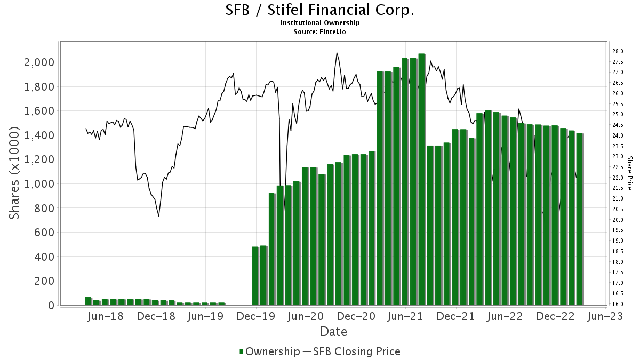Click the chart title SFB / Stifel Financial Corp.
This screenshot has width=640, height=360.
pos(320,10)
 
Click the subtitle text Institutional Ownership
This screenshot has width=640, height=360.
pos(320,23)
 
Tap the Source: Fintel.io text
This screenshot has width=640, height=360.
pos(320,31)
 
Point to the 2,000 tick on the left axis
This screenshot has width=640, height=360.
pos(40,62)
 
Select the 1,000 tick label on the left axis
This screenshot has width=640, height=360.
pos(40,184)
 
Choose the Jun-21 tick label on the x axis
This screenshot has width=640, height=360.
pos(405,316)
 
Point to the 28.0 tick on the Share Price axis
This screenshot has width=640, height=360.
pos(618,51)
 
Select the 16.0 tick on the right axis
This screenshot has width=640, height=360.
pos(618,304)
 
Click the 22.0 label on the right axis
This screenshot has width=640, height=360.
pos(618,178)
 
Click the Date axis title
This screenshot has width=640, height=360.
pos(333,332)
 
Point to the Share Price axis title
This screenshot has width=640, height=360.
pos(630,173)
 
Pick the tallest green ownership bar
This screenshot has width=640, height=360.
pos(421,179)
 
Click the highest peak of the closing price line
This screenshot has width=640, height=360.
pos(337,53)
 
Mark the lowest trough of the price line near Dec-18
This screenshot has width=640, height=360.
pos(159,216)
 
